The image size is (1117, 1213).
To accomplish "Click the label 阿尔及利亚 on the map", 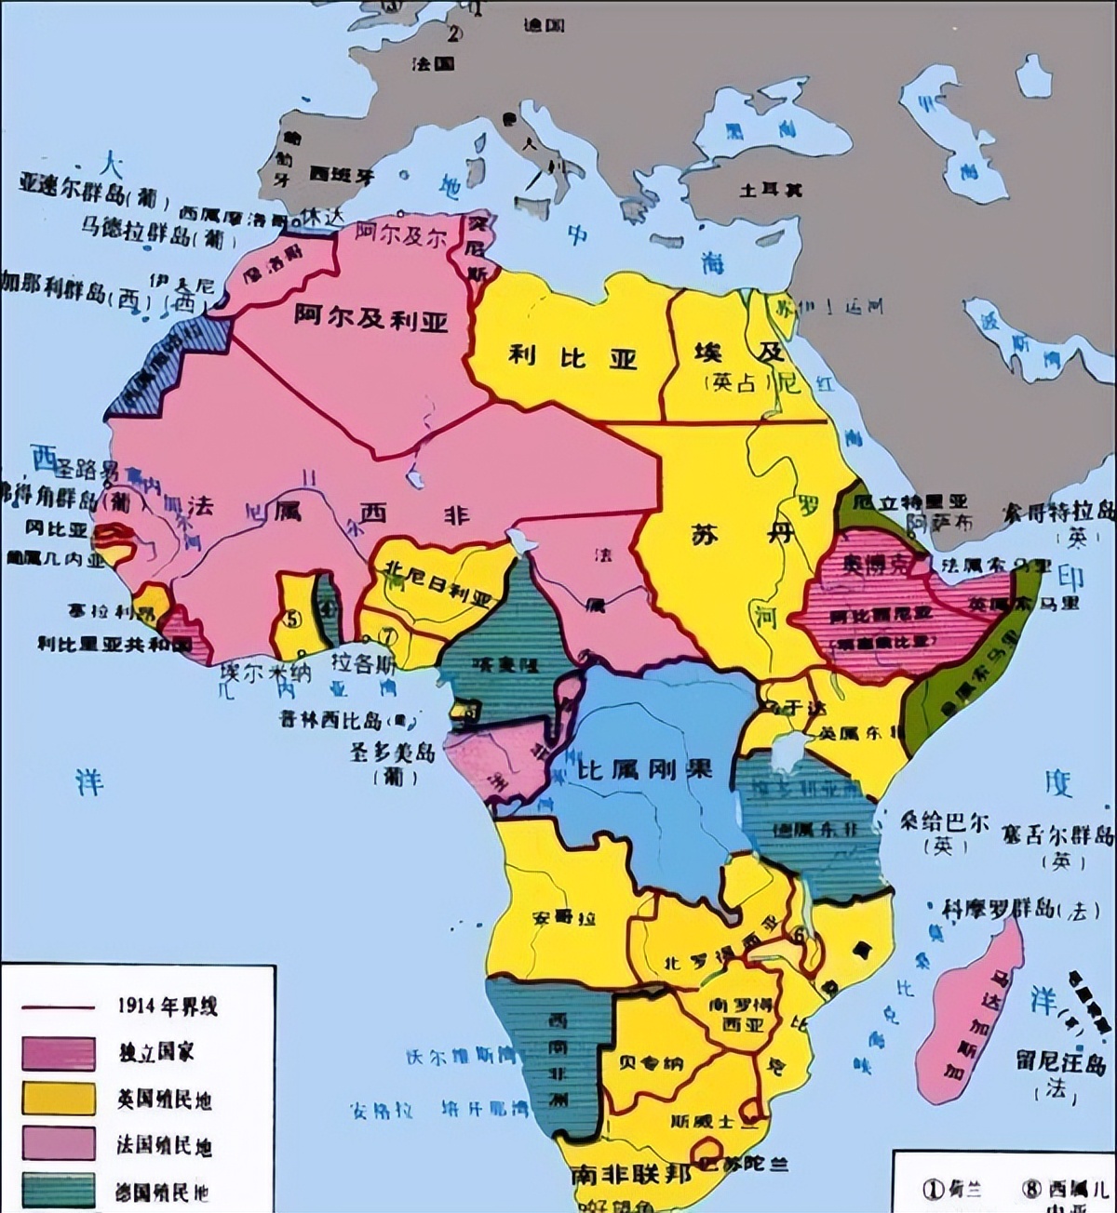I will click(x=370, y=318).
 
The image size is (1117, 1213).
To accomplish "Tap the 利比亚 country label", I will click(x=572, y=354).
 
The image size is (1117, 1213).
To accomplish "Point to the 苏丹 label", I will click(x=743, y=534).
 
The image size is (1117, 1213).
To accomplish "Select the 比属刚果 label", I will click(x=645, y=769).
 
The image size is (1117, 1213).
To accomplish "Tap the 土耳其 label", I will click(x=772, y=190).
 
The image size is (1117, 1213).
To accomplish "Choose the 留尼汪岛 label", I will click(x=1060, y=1062).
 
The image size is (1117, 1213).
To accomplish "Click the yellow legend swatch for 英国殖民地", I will click(x=59, y=1098).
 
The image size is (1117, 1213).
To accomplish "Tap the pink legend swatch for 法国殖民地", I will click(x=59, y=1143).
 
